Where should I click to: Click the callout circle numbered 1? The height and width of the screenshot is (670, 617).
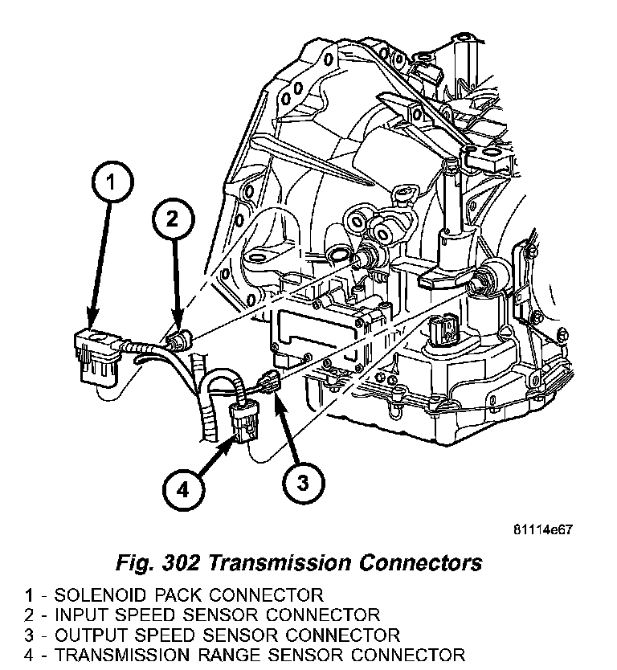[x=111, y=184]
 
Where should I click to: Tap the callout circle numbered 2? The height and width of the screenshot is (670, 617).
[x=174, y=218]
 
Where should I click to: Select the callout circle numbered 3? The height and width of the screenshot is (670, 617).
[x=301, y=483]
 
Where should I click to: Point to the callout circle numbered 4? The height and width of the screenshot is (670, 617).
[x=182, y=488]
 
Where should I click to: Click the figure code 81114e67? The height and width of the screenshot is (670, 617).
[x=545, y=530]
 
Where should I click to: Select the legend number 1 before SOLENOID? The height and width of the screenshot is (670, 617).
[x=29, y=596]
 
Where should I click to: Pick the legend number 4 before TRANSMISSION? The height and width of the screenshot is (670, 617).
[x=29, y=655]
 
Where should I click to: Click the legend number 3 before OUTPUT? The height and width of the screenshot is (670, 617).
[x=29, y=635]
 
